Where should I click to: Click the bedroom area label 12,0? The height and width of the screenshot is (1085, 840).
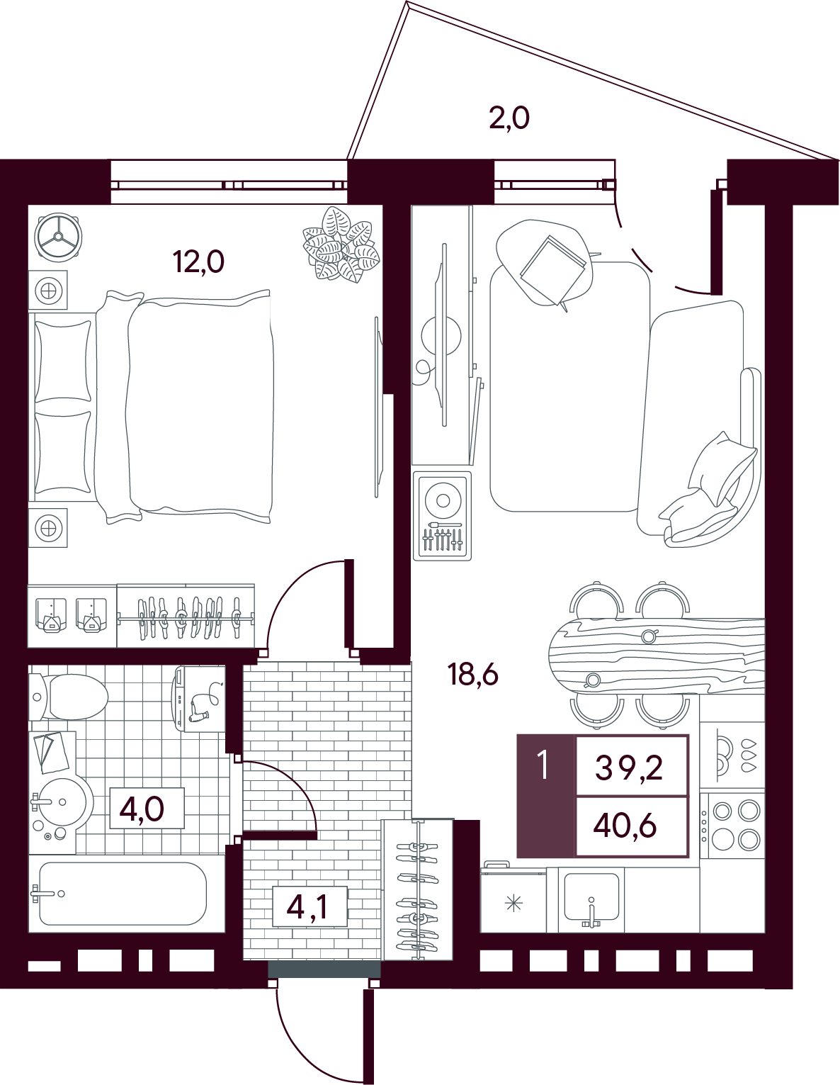[198, 262]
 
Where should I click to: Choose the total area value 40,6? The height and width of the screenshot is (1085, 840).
[625, 827]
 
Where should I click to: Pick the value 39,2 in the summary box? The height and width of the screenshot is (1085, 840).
[628, 768]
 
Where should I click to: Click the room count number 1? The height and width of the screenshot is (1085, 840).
[543, 766]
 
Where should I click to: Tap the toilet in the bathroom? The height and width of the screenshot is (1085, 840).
[68, 696]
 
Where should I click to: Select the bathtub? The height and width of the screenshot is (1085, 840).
[123, 894]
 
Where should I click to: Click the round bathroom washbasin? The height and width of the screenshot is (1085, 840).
[63, 803]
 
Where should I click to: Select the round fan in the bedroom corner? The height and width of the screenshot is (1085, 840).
[58, 238]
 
